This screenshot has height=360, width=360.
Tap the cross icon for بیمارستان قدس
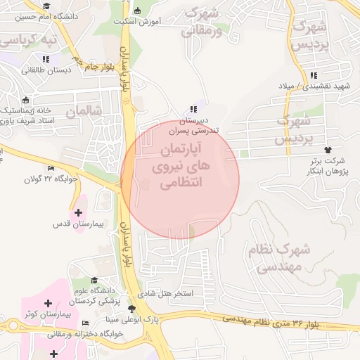point(78,212)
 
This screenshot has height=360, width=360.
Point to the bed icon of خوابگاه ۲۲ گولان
point(50,168)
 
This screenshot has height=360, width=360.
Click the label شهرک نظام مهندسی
point(279,258)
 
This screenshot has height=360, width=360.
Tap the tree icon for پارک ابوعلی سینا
point(131,309)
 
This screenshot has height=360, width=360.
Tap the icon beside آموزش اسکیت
point(138,10)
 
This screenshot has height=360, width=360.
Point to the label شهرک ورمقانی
point(202,21)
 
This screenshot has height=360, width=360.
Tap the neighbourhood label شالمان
point(85,111)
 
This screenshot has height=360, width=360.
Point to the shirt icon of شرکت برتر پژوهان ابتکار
point(328,150)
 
